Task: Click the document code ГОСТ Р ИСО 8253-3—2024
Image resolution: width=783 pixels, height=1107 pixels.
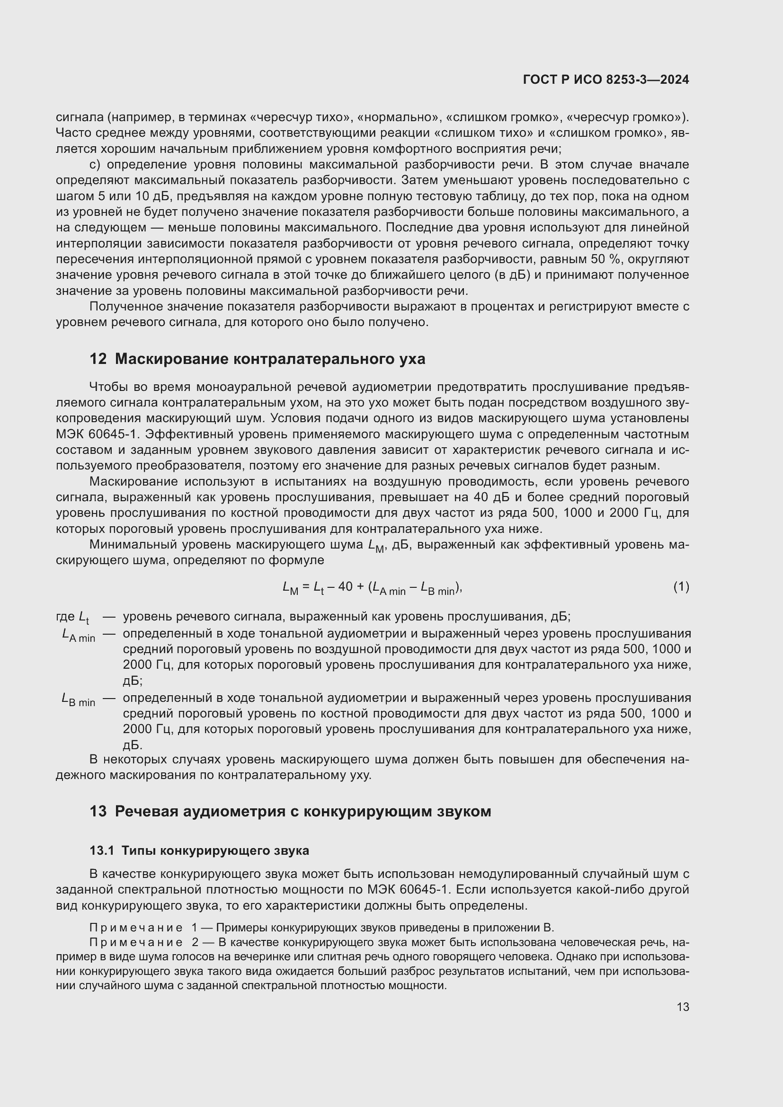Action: [x=605, y=80]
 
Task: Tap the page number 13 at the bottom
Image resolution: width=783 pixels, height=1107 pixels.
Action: [x=682, y=1007]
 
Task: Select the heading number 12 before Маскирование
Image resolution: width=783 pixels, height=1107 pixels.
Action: [x=98, y=359]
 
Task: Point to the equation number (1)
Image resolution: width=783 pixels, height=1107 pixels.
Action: [x=681, y=587]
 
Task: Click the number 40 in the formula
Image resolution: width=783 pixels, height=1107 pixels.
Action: [x=345, y=587]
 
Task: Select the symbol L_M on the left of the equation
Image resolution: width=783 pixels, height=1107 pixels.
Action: [x=291, y=588]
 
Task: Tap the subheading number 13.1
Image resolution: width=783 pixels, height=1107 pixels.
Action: [x=102, y=850]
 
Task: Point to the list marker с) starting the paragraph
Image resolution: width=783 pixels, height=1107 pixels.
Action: [x=95, y=165]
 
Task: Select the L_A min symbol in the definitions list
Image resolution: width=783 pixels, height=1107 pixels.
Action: [x=79, y=636]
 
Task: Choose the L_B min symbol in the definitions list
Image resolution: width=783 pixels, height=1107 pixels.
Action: [x=79, y=700]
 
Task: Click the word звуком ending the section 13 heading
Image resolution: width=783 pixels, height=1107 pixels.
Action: [x=464, y=812]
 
